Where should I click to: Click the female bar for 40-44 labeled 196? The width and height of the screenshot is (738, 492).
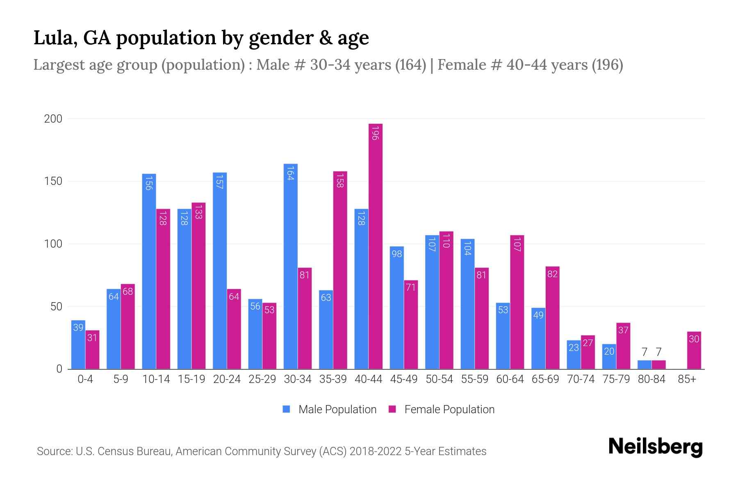(376, 246)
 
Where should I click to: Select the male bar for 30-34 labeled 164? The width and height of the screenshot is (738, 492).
(290, 266)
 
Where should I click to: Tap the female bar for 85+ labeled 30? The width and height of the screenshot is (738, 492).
(694, 351)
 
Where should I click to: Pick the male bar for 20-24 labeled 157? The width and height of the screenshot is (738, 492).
(220, 271)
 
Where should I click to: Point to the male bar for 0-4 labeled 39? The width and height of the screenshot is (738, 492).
(78, 344)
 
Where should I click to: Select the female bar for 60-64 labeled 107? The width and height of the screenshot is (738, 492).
(517, 302)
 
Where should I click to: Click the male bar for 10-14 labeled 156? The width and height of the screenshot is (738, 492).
(149, 271)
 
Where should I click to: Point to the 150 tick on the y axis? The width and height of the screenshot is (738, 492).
(53, 181)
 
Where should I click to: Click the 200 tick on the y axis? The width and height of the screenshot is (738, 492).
(53, 119)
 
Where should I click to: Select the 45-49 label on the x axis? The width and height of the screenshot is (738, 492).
(404, 379)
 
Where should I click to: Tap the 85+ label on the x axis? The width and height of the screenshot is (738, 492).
(687, 379)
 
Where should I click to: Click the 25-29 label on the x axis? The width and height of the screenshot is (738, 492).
(262, 379)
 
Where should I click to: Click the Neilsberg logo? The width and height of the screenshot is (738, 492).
(655, 447)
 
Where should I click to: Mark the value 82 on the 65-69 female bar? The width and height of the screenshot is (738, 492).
(552, 274)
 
